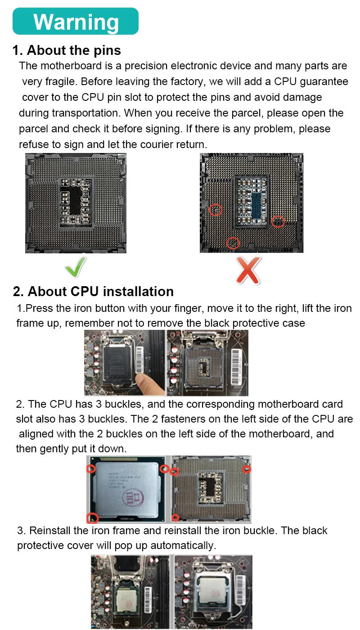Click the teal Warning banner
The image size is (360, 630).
pos(76,21)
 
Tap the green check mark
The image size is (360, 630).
pos(76,268)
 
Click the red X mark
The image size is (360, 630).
pos(248,270)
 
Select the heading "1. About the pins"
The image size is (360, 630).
pos(67,50)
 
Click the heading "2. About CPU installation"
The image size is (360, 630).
pos(93,292)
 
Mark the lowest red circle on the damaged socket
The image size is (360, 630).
pos(233,243)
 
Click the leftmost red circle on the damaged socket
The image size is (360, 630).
pos(216,210)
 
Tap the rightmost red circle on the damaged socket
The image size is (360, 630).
pos(278,221)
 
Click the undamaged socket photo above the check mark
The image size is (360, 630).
pos(76,203)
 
